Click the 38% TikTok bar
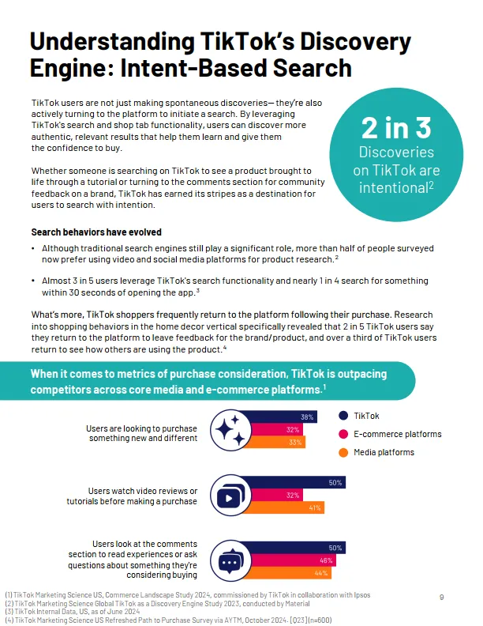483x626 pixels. [284, 417]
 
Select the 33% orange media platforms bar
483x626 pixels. [276, 442]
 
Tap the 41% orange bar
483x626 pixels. [288, 507]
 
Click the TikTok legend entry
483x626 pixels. [365, 416]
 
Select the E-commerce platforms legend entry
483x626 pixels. [397, 434]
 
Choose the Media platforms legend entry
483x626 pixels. [384, 452]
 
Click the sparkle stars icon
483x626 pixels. [230, 429]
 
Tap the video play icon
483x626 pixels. [230, 496]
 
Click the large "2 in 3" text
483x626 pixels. [397, 128]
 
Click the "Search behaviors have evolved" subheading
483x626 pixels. [96, 232]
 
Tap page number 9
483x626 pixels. [441, 596]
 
